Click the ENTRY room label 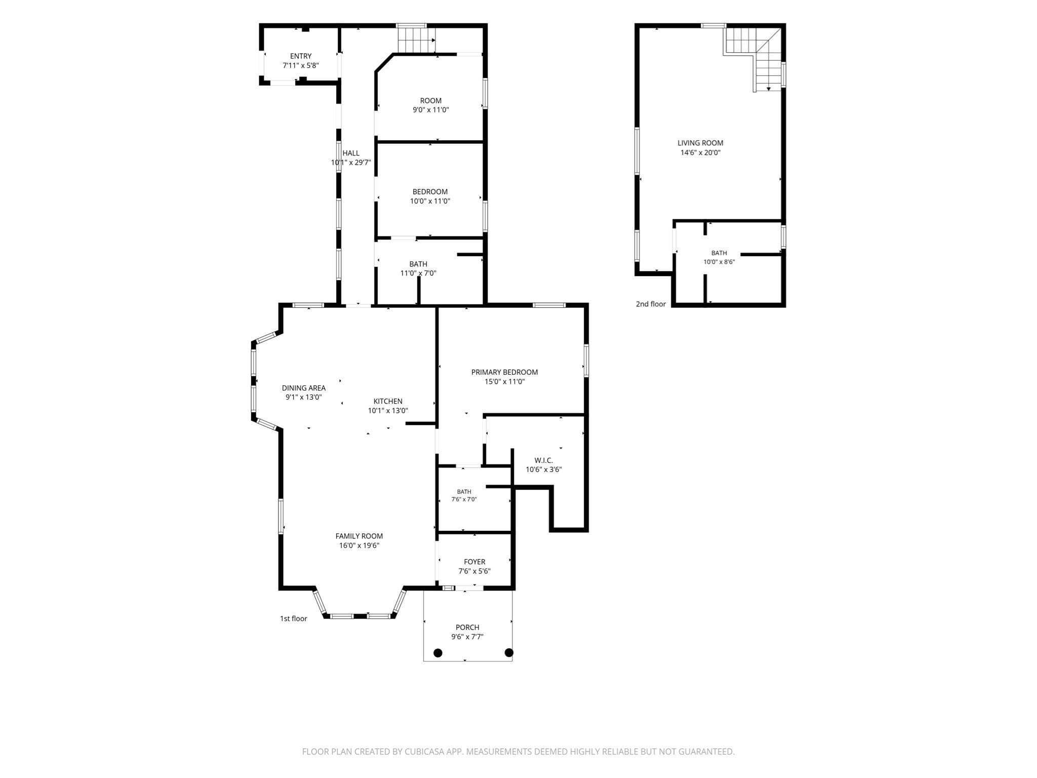[301, 56]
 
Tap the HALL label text [351, 153]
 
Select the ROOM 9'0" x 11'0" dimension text [431, 110]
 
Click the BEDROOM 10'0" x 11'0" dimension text [430, 201]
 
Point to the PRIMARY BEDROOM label [504, 372]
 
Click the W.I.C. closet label [544, 460]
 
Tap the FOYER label [474, 562]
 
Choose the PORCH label [467, 628]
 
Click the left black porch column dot [438, 653]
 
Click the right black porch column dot [509, 652]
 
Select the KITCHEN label [388, 402]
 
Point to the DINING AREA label [304, 388]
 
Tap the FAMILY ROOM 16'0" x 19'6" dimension [360, 546]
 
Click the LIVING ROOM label [701, 143]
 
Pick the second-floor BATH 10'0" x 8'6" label [719, 258]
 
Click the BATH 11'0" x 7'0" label [418, 269]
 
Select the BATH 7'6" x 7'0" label [464, 495]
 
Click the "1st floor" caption [294, 618]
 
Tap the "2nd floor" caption [651, 304]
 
